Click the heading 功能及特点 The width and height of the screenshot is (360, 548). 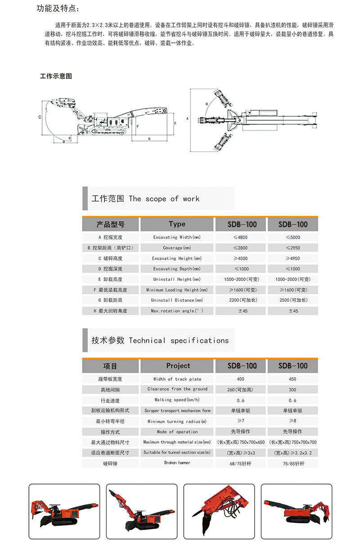click(59, 9)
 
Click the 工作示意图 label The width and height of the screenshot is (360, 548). click(56, 76)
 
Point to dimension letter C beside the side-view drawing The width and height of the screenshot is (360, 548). click(40, 118)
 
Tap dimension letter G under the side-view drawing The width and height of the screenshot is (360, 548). click(149, 138)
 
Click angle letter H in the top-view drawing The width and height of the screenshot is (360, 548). click(207, 103)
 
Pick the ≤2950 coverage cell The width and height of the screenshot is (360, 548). click(292, 248)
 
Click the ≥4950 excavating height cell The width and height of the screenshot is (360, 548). click(292, 258)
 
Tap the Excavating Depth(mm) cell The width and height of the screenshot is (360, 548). click(177, 269)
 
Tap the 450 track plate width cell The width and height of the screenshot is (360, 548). click(292, 379)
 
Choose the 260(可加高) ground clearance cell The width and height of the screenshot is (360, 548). click(240, 389)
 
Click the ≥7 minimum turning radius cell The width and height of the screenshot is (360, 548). click(241, 421)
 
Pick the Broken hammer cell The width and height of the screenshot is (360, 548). click(177, 463)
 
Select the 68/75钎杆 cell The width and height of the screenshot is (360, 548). click(241, 463)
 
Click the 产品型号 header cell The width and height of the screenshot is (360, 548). click(110, 224)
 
